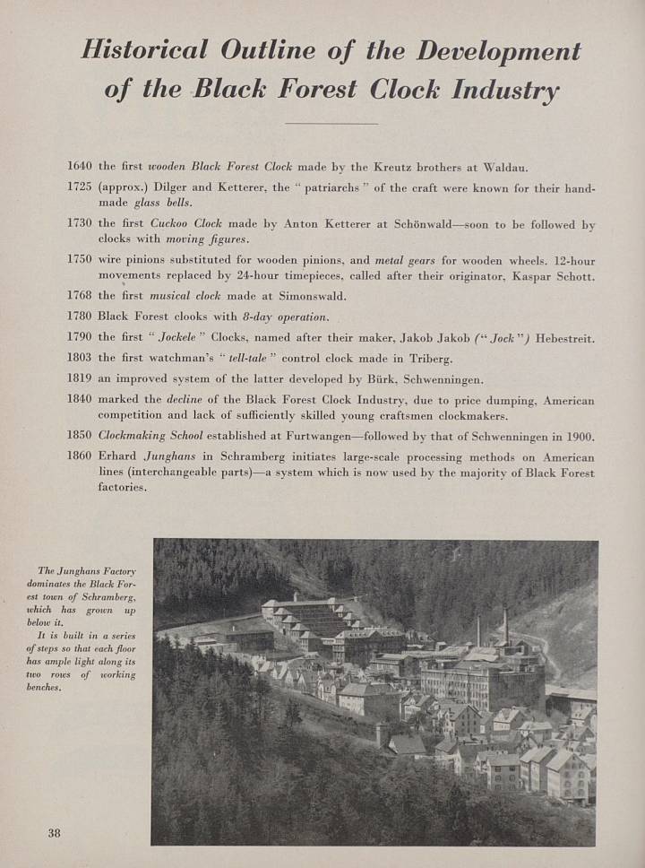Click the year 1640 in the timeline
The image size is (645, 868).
(x=80, y=167)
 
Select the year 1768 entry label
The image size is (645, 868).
(x=80, y=295)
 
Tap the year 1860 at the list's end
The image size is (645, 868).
(x=80, y=456)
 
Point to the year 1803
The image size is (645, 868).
(x=80, y=358)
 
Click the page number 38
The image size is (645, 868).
(x=54, y=833)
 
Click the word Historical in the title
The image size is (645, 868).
(x=144, y=49)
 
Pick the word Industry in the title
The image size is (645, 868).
(x=506, y=91)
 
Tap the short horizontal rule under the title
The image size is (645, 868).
(x=331, y=123)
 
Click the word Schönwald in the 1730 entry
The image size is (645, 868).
(x=426, y=225)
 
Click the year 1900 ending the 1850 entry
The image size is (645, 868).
(x=579, y=437)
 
